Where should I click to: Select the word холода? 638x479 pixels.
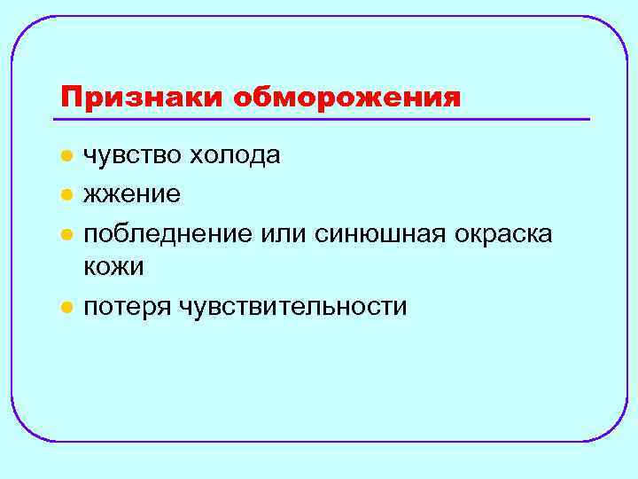coord(240,155)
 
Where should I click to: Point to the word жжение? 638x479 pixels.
coord(132,193)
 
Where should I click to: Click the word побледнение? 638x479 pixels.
coord(167,232)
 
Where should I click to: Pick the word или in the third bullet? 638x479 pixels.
coord(279,232)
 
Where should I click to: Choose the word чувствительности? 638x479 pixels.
coord(292,307)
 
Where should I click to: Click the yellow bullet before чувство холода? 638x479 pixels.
coord(65,156)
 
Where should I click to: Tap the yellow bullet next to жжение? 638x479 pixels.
coord(65,194)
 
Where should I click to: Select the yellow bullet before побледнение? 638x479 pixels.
coord(65,233)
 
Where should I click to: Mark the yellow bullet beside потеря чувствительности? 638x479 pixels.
coord(65,308)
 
